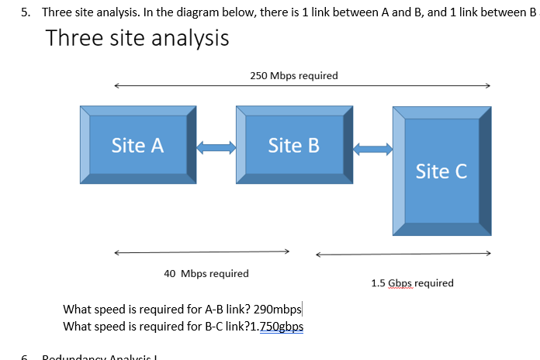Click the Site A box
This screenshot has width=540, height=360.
tap(137, 145)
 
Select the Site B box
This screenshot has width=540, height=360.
tap(293, 145)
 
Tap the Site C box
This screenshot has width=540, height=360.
tap(441, 171)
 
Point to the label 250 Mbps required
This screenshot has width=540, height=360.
tap(294, 75)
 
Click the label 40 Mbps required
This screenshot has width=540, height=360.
tap(206, 273)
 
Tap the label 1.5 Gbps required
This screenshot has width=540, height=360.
tap(412, 282)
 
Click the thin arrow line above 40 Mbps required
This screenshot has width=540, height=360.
tap(202, 252)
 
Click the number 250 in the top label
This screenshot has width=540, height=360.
tap(259, 75)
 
